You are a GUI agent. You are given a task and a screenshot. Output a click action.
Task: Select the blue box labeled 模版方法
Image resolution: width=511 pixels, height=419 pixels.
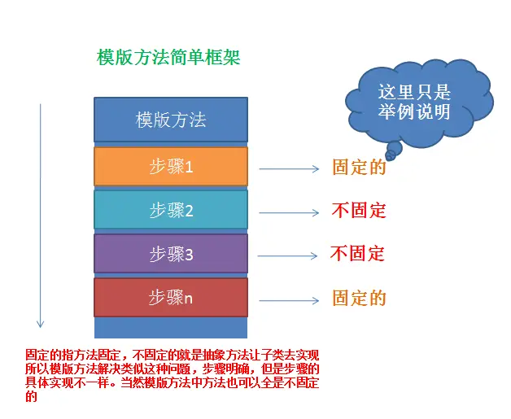click(171, 120)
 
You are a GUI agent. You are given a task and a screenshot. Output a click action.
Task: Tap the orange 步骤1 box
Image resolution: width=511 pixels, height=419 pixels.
click(171, 167)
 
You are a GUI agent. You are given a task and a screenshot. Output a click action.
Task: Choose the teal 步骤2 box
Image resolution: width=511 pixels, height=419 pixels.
click(171, 211)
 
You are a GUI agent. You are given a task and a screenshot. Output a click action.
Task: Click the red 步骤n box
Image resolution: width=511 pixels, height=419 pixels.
click(171, 298)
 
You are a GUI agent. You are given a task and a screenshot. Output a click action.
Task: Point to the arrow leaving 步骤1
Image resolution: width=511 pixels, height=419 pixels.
click(289, 169)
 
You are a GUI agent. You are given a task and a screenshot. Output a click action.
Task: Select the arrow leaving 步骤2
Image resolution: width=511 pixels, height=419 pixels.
click(289, 213)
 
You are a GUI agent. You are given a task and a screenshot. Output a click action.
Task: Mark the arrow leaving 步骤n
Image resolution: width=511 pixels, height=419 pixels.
click(289, 300)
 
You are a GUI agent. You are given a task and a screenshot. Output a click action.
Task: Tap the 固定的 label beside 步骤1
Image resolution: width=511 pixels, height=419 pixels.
click(359, 168)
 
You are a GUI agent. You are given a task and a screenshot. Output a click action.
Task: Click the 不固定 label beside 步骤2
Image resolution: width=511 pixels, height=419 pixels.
click(358, 211)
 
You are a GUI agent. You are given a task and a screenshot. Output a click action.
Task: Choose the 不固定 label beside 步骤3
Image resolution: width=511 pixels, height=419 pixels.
click(357, 253)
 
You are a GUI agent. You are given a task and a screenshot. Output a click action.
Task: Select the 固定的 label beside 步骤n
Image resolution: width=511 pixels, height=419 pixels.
click(359, 298)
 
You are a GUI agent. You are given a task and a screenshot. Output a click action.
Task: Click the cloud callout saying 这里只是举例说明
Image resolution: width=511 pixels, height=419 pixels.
click(413, 103)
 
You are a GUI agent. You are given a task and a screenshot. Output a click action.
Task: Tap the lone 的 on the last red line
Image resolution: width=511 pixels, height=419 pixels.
click(32, 397)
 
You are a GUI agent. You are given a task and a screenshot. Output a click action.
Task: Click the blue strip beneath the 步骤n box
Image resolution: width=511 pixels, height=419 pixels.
click(171, 327)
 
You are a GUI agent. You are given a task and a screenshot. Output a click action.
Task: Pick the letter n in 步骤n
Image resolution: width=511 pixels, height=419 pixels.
click(189, 299)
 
